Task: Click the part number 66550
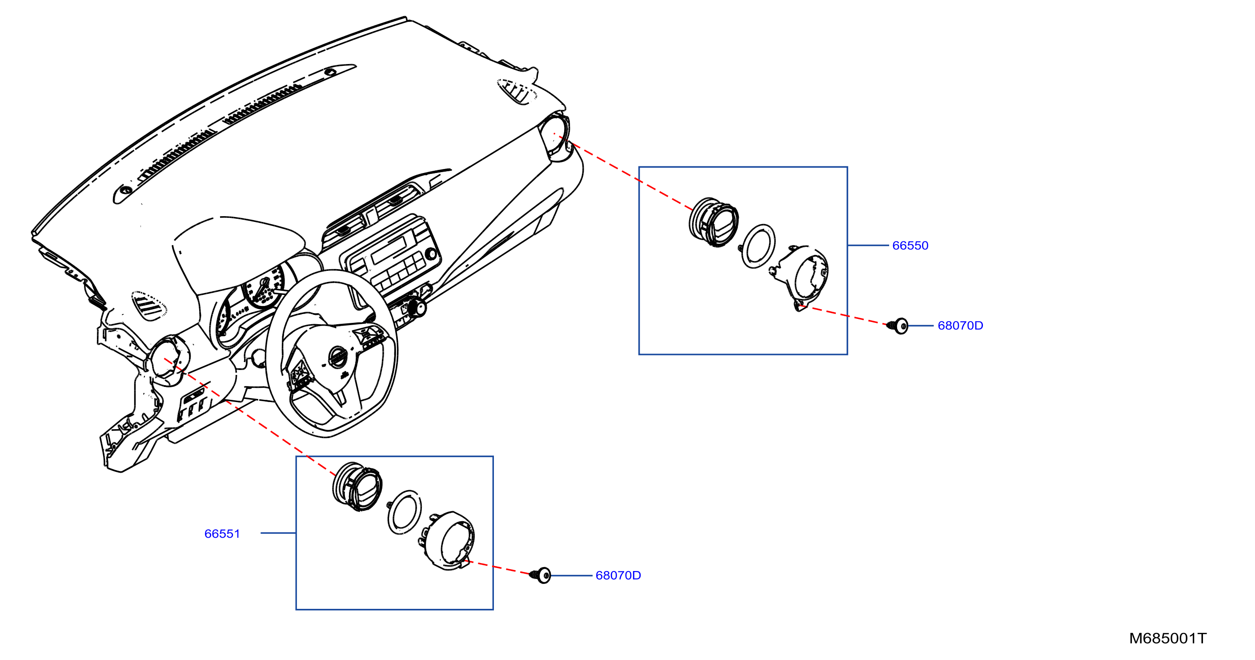[910, 245]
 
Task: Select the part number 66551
[222, 534]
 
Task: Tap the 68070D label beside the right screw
[960, 326]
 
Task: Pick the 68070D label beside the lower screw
[618, 575]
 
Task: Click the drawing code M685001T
[1168, 639]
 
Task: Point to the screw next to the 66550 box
[898, 326]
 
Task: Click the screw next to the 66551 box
[540, 575]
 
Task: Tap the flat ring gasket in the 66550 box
[758, 246]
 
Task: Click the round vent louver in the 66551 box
[357, 487]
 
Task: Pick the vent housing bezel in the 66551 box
[447, 540]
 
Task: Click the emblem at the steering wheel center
[337, 357]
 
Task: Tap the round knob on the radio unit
[431, 254]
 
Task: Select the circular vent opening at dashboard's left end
[167, 358]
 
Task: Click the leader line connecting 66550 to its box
[868, 245]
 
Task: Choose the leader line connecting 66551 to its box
[278, 533]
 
